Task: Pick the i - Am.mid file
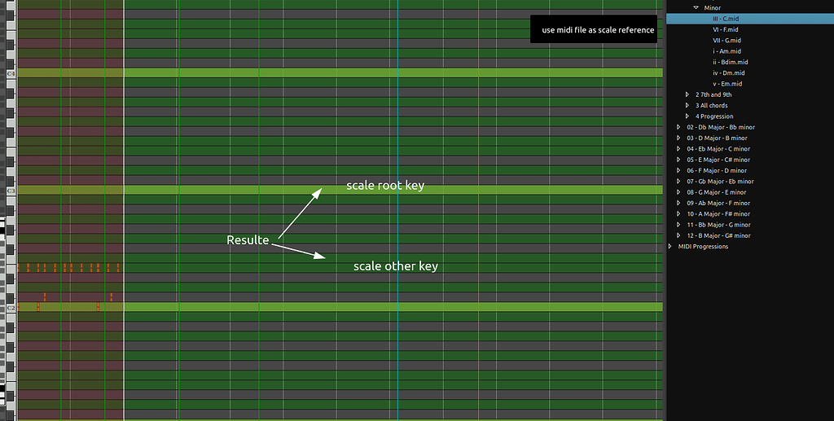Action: pos(725,51)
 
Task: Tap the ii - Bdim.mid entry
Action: pos(730,62)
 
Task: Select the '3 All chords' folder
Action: pos(711,105)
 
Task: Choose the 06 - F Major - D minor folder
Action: pos(717,170)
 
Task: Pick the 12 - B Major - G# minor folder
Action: pos(718,235)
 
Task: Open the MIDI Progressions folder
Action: pos(703,246)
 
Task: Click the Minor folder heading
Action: pos(713,7)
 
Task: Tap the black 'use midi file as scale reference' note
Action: pos(592,30)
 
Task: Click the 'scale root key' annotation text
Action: pos(385,186)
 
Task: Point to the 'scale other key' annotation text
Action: pos(395,266)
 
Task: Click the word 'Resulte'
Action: pos(248,240)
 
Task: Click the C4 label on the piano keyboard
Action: pos(11,73)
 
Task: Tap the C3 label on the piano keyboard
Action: pos(11,191)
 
